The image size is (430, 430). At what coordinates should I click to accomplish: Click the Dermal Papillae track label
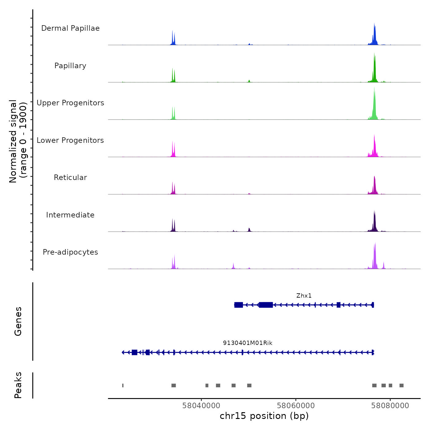[70, 28]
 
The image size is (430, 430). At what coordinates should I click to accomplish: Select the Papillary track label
[70, 66]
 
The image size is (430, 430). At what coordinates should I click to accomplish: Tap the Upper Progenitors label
[70, 103]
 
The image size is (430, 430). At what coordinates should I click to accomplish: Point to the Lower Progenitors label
[70, 140]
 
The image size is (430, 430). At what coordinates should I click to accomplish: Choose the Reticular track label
[70, 178]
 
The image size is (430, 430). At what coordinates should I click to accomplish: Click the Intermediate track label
[70, 215]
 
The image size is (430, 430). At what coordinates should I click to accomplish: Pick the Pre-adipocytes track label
[70, 252]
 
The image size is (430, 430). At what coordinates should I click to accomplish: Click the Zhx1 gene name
[304, 296]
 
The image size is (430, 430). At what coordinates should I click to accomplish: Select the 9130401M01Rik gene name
[248, 343]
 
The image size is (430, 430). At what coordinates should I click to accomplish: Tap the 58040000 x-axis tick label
[201, 406]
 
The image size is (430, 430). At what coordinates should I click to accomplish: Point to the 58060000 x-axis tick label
[296, 406]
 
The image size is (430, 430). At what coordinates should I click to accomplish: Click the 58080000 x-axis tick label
[390, 406]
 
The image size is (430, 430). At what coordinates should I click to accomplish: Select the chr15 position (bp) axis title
[264, 416]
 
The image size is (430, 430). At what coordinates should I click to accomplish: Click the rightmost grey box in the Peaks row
[401, 385]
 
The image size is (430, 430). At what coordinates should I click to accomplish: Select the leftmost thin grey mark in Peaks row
[123, 385]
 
